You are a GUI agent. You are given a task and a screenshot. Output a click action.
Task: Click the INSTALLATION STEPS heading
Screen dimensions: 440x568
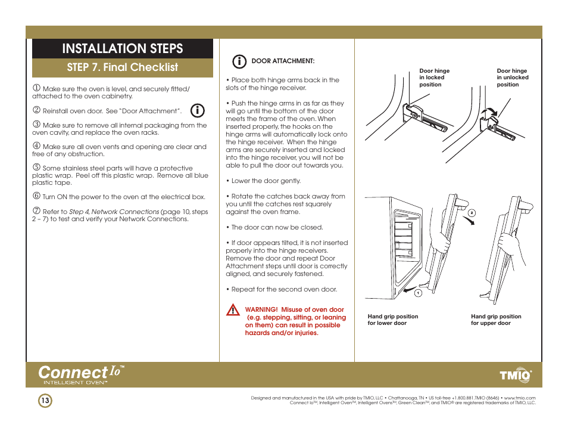pos(122,48)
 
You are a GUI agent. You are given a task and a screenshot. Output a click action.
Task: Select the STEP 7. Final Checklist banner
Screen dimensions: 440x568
pos(122,67)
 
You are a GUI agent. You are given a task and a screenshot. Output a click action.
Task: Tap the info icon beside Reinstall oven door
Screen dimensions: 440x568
pos(198,110)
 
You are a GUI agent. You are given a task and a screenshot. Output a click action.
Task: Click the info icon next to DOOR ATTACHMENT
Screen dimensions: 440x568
pos(239,61)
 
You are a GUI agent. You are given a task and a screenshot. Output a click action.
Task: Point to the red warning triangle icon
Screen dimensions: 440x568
pos(233,310)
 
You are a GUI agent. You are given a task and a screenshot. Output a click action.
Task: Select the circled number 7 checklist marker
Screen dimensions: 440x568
pos(36,211)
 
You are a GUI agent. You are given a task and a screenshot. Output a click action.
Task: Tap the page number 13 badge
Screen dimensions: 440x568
pos(45,401)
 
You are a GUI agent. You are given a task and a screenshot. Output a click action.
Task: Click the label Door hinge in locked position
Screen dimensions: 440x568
pos(434,78)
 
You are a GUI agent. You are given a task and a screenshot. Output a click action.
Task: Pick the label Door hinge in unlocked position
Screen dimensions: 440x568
pos(512,78)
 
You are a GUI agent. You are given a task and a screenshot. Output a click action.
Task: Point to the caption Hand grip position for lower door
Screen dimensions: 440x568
pos(393,320)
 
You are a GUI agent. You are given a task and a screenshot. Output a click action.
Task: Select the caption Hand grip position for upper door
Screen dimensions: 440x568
pos(496,320)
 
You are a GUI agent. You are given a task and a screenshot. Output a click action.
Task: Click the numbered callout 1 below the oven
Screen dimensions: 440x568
pos(418,293)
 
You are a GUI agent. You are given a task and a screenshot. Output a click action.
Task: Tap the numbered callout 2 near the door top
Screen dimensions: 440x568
pos(471,212)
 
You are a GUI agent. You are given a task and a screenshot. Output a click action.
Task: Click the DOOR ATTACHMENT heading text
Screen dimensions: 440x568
pos(283,61)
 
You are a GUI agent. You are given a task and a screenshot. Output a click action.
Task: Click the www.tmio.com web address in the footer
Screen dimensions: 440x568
pos(520,398)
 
